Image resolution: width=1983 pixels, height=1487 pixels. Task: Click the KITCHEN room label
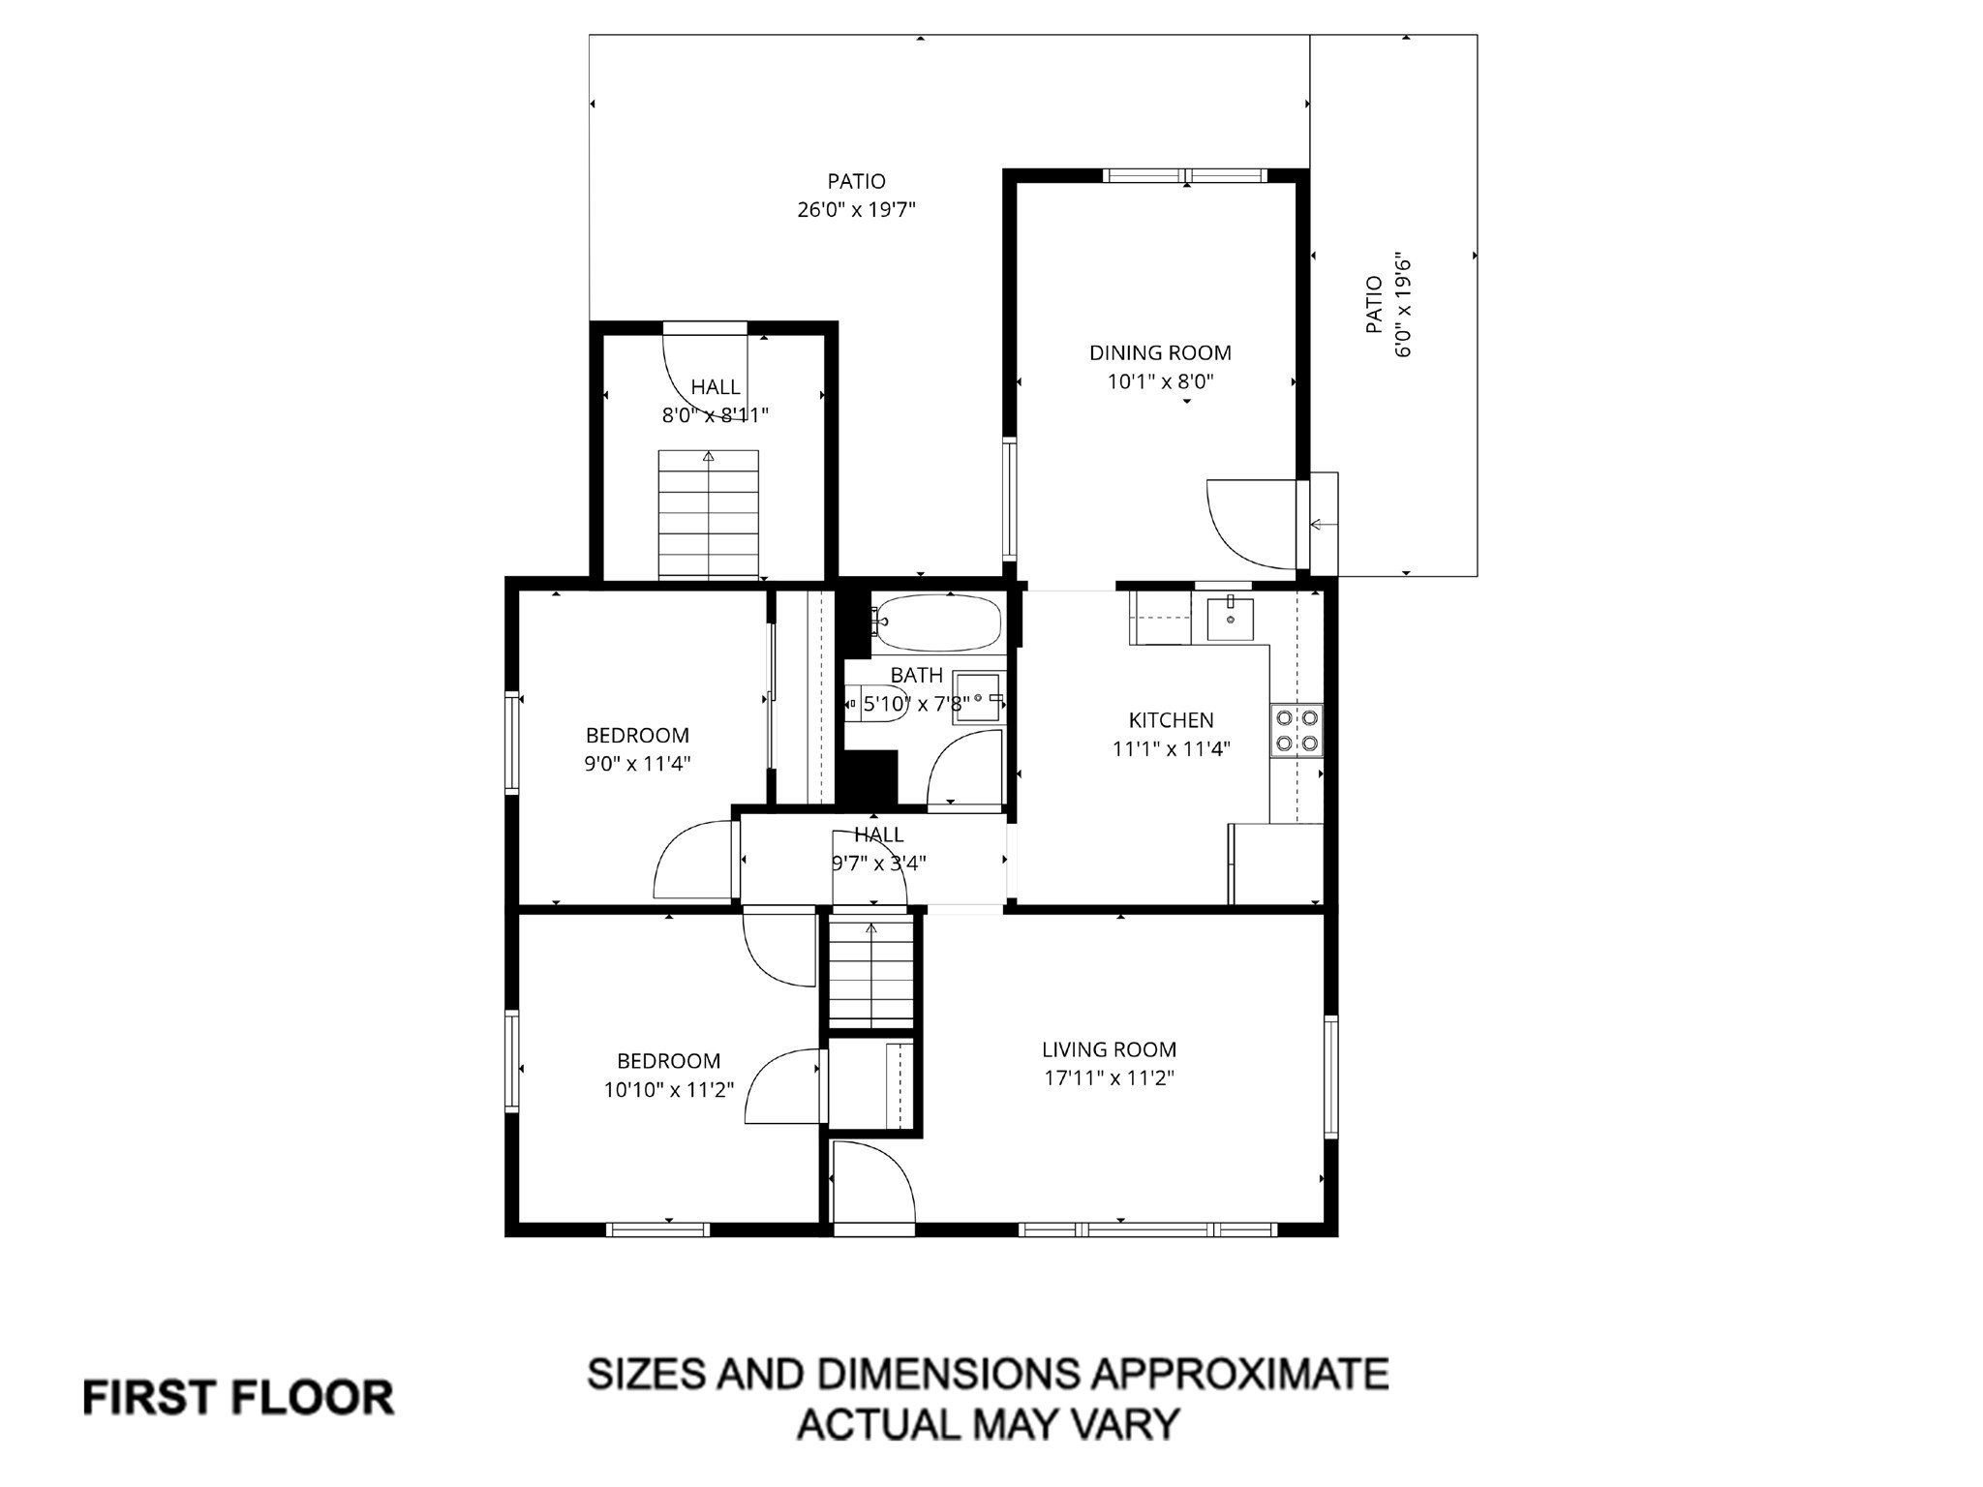tap(1171, 720)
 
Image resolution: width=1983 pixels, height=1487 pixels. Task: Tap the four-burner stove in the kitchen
tap(1297, 731)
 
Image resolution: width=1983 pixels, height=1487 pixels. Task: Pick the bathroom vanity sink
tap(979, 696)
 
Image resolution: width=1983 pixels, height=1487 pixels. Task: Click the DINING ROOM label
tap(1160, 353)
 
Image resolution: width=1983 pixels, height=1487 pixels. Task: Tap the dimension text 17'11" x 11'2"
tap(1109, 1077)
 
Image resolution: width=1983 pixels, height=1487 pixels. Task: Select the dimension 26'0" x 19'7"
tap(856, 209)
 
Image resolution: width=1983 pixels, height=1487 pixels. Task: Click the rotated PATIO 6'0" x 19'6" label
tap(1388, 306)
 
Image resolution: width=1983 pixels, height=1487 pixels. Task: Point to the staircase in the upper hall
tap(708, 515)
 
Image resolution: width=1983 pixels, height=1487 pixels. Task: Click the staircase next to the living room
tap(870, 972)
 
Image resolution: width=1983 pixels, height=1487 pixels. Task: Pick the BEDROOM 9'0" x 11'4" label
tap(637, 749)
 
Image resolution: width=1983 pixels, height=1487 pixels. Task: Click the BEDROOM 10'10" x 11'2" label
tap(668, 1076)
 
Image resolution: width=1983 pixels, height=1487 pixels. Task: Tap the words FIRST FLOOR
tap(238, 1399)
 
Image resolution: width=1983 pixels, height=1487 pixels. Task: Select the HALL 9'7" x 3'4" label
tap(878, 849)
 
